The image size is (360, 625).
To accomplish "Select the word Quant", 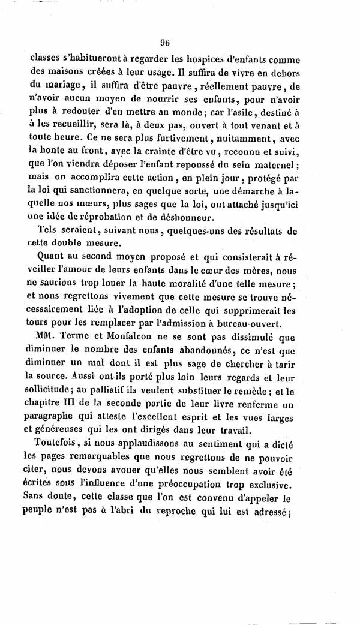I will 52,257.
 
